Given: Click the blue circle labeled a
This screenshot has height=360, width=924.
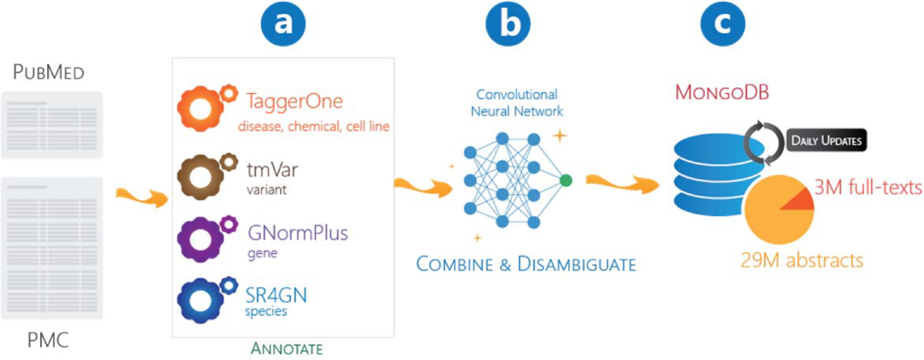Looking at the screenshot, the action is (286, 25).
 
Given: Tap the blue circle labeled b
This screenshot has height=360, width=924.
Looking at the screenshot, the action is (507, 25).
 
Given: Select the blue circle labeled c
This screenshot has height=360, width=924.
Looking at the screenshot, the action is (723, 25).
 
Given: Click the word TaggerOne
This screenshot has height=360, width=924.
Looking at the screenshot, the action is (295, 103).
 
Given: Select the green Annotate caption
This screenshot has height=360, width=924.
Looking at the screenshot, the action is (282, 349).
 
